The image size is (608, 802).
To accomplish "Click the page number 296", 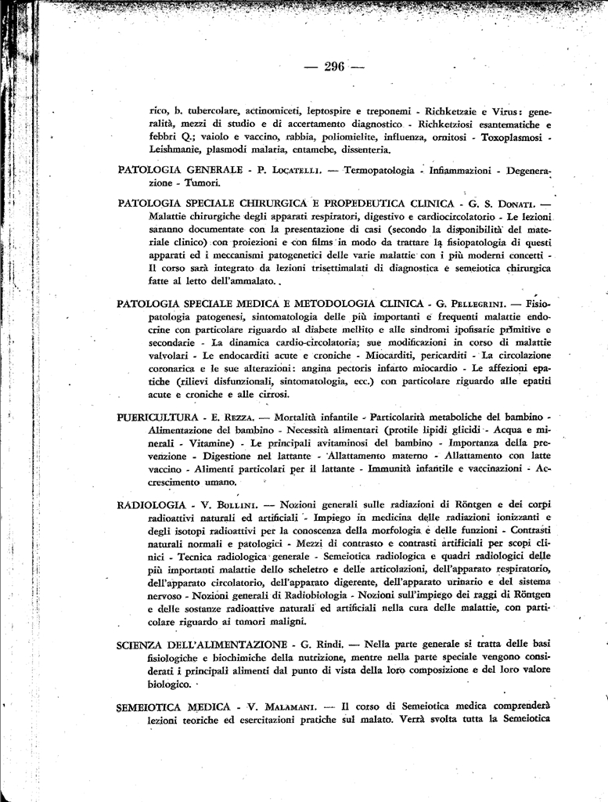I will tap(334, 67).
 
